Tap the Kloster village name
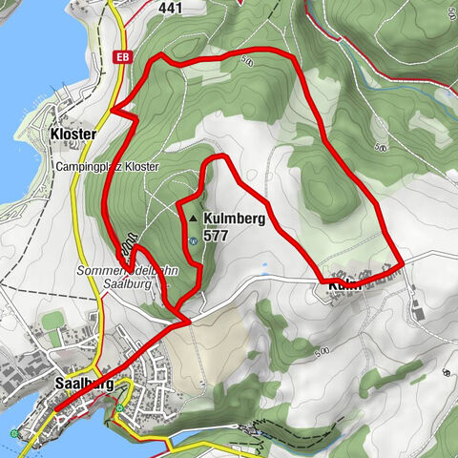coord(73,135)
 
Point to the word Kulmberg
coord(234,219)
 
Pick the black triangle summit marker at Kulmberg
coord(194,219)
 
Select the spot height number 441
coord(171,8)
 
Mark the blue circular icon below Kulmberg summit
coord(194,240)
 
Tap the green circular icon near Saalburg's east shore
coord(119,408)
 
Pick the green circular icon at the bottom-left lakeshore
coord(14,434)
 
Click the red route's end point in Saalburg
coord(54,411)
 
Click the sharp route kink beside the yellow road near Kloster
coord(113,111)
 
